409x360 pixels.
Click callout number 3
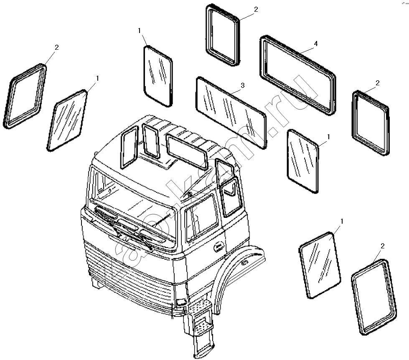243,85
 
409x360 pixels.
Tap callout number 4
316,43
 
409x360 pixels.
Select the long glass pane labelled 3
231,112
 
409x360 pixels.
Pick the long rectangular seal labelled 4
298,75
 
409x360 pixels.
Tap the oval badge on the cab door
219,247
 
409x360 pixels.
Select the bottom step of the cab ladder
204,349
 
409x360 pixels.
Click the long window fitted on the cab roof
187,151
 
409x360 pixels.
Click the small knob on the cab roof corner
97,153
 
